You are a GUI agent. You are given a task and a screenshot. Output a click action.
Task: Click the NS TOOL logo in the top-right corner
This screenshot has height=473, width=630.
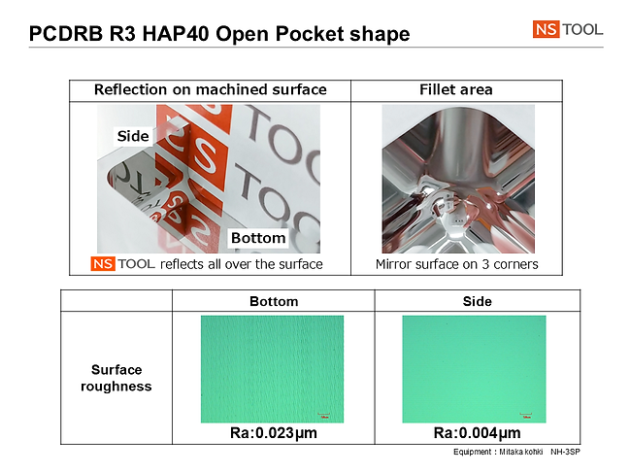click(568, 29)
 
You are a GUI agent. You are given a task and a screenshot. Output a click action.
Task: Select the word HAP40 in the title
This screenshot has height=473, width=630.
click(175, 34)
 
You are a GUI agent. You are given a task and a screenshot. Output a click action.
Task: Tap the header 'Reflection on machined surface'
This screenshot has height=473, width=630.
click(210, 89)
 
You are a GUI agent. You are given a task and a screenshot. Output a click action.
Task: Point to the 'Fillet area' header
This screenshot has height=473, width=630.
click(456, 89)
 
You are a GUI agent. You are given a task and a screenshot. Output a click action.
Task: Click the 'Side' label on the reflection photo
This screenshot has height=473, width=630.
click(133, 136)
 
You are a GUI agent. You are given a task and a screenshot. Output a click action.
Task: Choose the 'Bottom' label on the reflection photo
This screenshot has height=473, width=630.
click(258, 238)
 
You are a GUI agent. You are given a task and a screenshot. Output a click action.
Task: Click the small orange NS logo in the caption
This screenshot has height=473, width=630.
click(103, 264)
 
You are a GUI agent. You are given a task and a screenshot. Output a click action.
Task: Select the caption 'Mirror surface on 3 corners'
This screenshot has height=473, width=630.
click(457, 264)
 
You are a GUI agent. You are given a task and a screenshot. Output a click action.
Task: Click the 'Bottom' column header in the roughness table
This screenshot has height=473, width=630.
click(274, 301)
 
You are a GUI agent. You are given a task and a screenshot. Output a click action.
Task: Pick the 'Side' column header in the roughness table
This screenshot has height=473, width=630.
click(478, 301)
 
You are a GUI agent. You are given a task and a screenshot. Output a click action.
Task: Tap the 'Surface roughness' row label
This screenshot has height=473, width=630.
click(116, 378)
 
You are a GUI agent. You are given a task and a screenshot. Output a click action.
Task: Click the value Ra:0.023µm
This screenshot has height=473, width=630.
click(274, 433)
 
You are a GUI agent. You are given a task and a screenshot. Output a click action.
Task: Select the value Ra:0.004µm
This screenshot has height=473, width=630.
click(478, 433)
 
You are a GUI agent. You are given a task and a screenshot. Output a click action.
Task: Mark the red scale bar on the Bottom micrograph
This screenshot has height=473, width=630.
click(324, 414)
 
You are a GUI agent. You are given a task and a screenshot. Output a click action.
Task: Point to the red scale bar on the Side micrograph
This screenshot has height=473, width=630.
click(526, 414)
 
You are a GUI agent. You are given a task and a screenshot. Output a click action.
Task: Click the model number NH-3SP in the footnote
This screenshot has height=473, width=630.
click(565, 452)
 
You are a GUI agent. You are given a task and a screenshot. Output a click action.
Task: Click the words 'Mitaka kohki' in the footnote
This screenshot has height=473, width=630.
click(521, 452)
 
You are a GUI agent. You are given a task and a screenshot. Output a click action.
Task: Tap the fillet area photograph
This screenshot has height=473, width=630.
click(458, 179)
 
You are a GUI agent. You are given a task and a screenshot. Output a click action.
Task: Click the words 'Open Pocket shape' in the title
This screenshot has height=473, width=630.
click(313, 34)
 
